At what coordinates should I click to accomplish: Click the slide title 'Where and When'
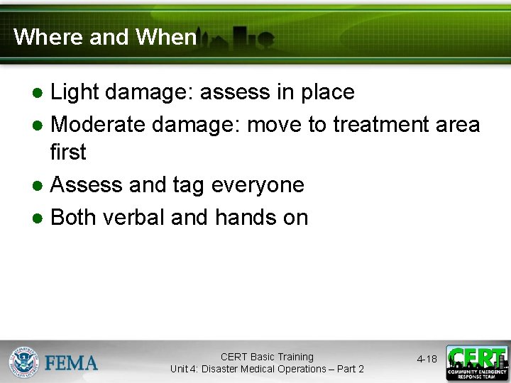pyautogui.click(x=104, y=37)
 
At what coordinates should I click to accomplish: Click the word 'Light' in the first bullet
pyautogui.click(x=75, y=92)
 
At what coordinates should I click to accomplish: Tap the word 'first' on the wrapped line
pyautogui.click(x=68, y=152)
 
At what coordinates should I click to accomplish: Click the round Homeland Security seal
pyautogui.click(x=23, y=362)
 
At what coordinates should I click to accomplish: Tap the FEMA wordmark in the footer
pyautogui.click(x=72, y=363)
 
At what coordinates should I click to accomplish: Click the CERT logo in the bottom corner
pyautogui.click(x=476, y=362)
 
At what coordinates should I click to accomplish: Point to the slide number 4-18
pyautogui.click(x=427, y=360)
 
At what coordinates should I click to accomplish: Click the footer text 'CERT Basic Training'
pyautogui.click(x=267, y=357)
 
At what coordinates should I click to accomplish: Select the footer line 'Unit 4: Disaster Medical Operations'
pyautogui.click(x=267, y=369)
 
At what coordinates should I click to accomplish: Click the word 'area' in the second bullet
pyautogui.click(x=458, y=124)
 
